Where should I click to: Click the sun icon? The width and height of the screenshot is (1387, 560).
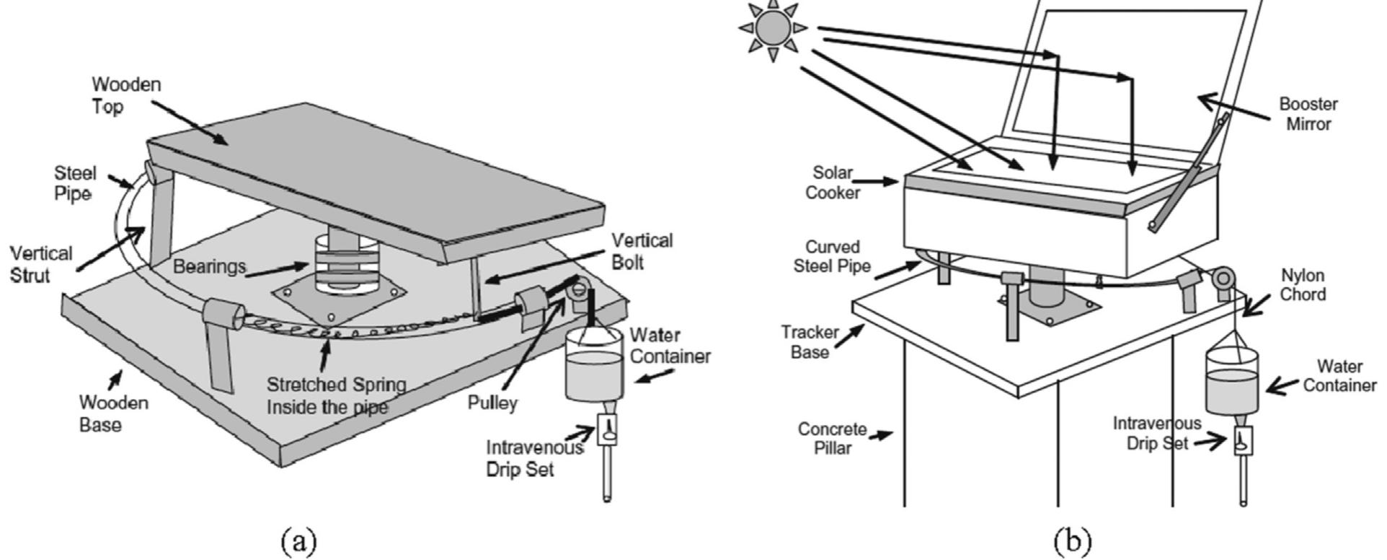coord(772,28)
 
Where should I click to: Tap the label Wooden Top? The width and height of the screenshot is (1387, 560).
coord(116,95)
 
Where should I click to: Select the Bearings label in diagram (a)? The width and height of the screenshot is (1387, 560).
coord(209,267)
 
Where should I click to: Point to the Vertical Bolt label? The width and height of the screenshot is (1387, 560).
coord(642,250)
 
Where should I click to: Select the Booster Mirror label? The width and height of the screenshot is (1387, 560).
coord(1308,114)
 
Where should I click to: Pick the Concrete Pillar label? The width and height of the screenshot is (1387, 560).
coord(832,439)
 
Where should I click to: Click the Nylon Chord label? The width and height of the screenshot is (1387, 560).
coord(1301,285)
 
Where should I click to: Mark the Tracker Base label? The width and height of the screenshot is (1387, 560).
coord(810,342)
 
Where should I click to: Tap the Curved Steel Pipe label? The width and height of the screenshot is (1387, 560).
coord(832,257)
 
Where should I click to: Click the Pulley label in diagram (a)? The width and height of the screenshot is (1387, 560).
coord(492,403)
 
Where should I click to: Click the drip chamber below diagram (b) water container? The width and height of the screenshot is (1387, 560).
coord(1243,440)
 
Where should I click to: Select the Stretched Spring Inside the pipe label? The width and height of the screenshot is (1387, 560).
coord(336,395)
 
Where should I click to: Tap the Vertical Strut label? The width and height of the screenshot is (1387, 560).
coord(41,264)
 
